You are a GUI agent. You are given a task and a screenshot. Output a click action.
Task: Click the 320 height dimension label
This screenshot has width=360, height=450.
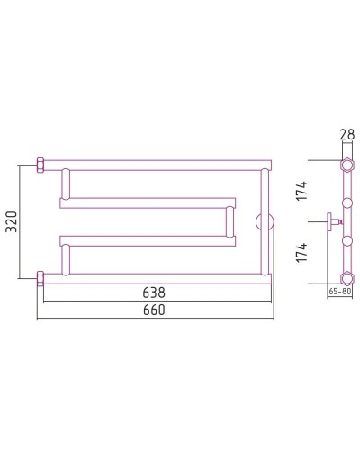[x=11, y=221]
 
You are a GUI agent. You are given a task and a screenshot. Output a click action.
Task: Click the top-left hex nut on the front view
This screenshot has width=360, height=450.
[x=40, y=166]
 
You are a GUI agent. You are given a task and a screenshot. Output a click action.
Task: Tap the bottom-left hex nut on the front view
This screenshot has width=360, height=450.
[x=40, y=276]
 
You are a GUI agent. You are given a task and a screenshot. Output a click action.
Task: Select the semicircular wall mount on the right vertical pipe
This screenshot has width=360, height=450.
[x=263, y=221]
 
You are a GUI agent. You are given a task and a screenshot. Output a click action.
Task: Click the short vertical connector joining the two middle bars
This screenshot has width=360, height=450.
[x=229, y=221]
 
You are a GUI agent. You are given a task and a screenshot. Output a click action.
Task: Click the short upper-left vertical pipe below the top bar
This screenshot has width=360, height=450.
[x=64, y=184]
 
